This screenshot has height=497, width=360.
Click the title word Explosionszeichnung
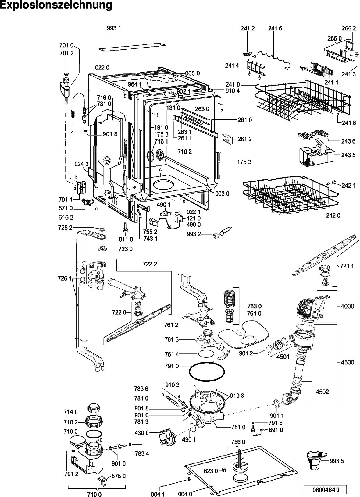pyautogui.click(x=56, y=5)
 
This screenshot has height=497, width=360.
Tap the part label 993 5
pyautogui.click(x=337, y=461)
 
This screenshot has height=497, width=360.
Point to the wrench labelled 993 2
pyautogui.click(x=222, y=232)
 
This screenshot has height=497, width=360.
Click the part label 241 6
pyautogui.click(x=275, y=28)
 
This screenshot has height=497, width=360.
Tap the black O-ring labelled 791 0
pyautogui.click(x=207, y=371)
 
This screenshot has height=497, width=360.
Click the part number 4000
pyautogui.click(x=348, y=306)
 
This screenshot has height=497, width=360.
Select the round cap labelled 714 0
pyautogui.click(x=94, y=407)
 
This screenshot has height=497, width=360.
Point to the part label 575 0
pyautogui.click(x=118, y=476)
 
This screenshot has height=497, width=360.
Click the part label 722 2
pyautogui.click(x=150, y=264)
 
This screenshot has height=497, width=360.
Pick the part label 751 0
pyautogui.click(x=238, y=427)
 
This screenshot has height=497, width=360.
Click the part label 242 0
pyautogui.click(x=333, y=215)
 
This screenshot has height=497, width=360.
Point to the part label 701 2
pyautogui.click(x=66, y=53)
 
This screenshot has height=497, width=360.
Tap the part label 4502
pyautogui.click(x=322, y=392)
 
